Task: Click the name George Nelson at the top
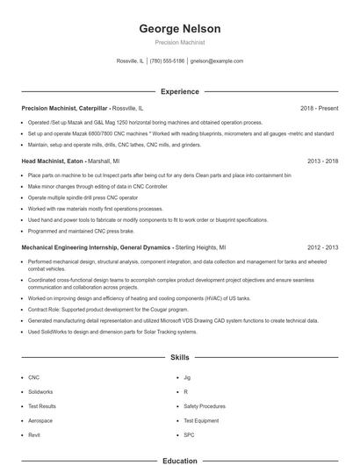click(179, 28)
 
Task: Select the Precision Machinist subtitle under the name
click(179, 42)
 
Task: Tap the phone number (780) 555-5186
click(167, 61)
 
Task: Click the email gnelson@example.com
click(216, 61)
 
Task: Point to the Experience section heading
click(179, 91)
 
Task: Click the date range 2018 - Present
click(319, 108)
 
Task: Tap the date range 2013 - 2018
click(321, 161)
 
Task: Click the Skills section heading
click(179, 358)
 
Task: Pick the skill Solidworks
click(40, 391)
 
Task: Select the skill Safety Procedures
click(205, 406)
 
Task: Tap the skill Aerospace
click(40, 420)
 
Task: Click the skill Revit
click(34, 435)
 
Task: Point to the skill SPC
click(189, 435)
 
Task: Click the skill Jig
click(187, 377)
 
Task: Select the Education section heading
click(179, 460)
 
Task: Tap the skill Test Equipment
click(201, 420)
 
